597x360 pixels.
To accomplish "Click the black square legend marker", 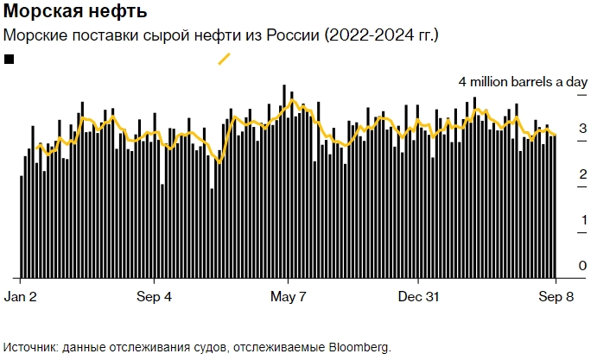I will click(10, 59).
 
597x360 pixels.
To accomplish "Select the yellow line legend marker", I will click(224, 59).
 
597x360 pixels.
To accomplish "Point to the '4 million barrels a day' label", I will click(523, 82).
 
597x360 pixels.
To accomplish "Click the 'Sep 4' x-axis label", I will click(154, 296).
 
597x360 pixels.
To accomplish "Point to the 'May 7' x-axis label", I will click(288, 296).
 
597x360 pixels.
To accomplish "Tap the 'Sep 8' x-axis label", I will click(553, 296).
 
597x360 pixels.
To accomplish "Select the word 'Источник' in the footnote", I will click(33, 347).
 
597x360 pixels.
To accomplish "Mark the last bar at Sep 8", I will click(554, 207).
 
